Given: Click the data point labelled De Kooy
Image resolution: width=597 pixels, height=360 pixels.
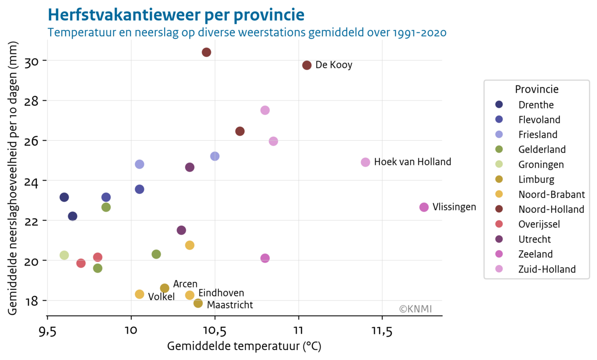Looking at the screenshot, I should [x=307, y=65].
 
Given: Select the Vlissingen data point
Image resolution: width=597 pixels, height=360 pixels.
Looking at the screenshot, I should [x=424, y=207].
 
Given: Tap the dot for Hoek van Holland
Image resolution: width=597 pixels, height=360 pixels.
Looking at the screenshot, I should [x=365, y=162].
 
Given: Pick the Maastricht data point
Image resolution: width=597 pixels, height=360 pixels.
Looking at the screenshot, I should [x=198, y=303].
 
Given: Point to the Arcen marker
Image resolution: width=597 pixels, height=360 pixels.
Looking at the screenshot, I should [x=165, y=288].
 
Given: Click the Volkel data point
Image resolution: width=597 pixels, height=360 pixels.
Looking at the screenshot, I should [x=139, y=294].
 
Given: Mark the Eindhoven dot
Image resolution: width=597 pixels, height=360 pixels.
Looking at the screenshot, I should [x=190, y=295].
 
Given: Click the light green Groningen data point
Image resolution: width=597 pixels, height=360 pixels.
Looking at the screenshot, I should [x=64, y=255].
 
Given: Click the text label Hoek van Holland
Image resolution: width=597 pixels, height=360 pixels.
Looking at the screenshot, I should [x=412, y=162].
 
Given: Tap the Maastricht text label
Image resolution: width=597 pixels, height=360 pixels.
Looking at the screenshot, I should [x=230, y=305].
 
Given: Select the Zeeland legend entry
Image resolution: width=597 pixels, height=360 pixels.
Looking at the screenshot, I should [x=535, y=254].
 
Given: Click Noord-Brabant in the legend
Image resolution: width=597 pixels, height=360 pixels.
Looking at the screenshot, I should [x=551, y=194].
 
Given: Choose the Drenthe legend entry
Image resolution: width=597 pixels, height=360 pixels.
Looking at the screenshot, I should [x=536, y=105].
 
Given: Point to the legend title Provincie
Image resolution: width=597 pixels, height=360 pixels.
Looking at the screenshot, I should [x=536, y=90].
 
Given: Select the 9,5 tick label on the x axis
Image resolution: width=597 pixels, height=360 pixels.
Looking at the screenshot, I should [x=47, y=331].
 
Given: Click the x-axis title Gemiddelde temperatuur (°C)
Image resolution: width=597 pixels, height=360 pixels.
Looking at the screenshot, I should [x=248, y=346].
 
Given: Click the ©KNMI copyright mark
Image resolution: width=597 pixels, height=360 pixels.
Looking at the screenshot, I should [x=415, y=309].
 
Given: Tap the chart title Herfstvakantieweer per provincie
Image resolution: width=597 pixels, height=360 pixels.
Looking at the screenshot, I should [x=176, y=15].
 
